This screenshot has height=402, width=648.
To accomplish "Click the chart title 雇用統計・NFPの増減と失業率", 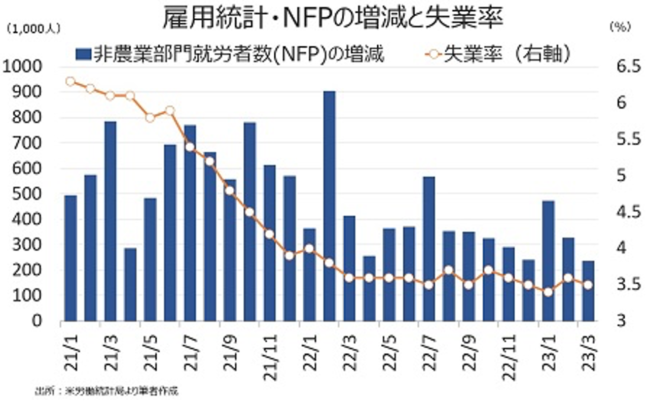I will (332, 19).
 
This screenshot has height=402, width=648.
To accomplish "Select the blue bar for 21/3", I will (111, 221).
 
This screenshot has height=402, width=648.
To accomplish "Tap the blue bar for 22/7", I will (429, 249).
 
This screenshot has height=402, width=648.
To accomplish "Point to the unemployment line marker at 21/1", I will (70, 81).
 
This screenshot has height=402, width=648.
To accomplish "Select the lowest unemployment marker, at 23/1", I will (548, 292).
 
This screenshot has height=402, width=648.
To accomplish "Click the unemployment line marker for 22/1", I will (309, 249).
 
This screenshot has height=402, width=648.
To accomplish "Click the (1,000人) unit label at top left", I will (31, 29).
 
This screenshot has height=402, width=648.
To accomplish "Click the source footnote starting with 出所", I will (106, 391).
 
